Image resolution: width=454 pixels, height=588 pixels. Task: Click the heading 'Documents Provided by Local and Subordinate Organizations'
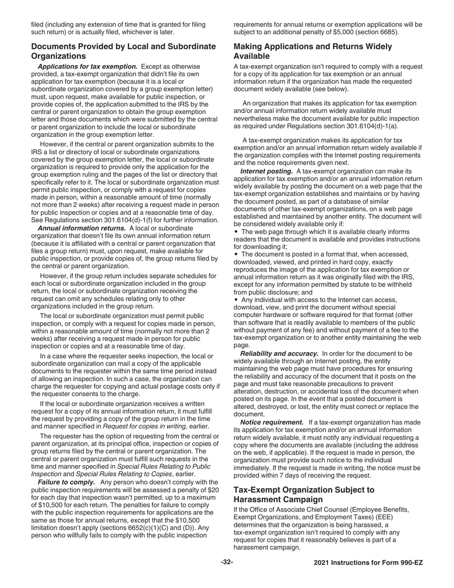click(x=123, y=51)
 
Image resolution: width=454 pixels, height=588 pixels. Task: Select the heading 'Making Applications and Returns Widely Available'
click(x=313, y=51)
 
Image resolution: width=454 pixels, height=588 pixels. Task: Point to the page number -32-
click(x=227, y=563)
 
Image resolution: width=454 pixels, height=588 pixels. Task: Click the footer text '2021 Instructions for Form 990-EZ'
click(x=368, y=563)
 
